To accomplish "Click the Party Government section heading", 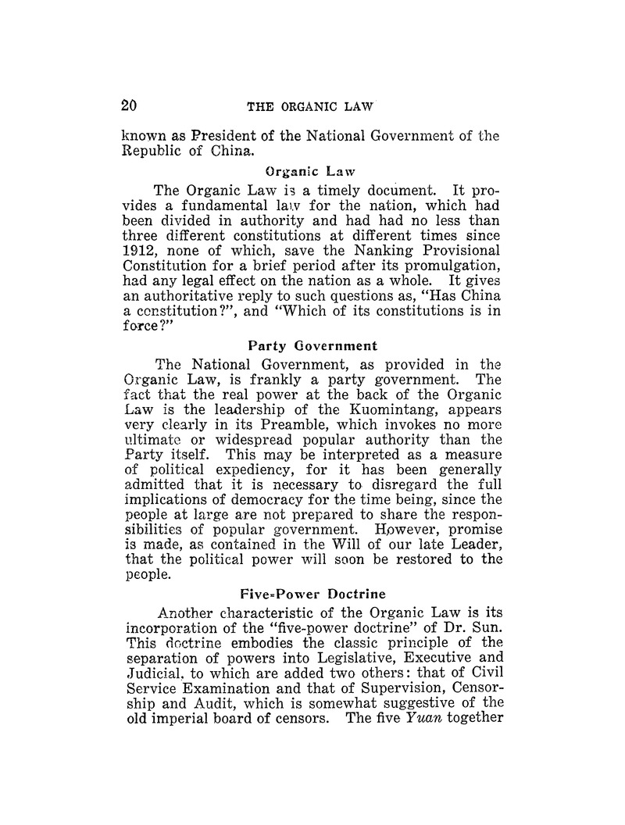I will point(302,345).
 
